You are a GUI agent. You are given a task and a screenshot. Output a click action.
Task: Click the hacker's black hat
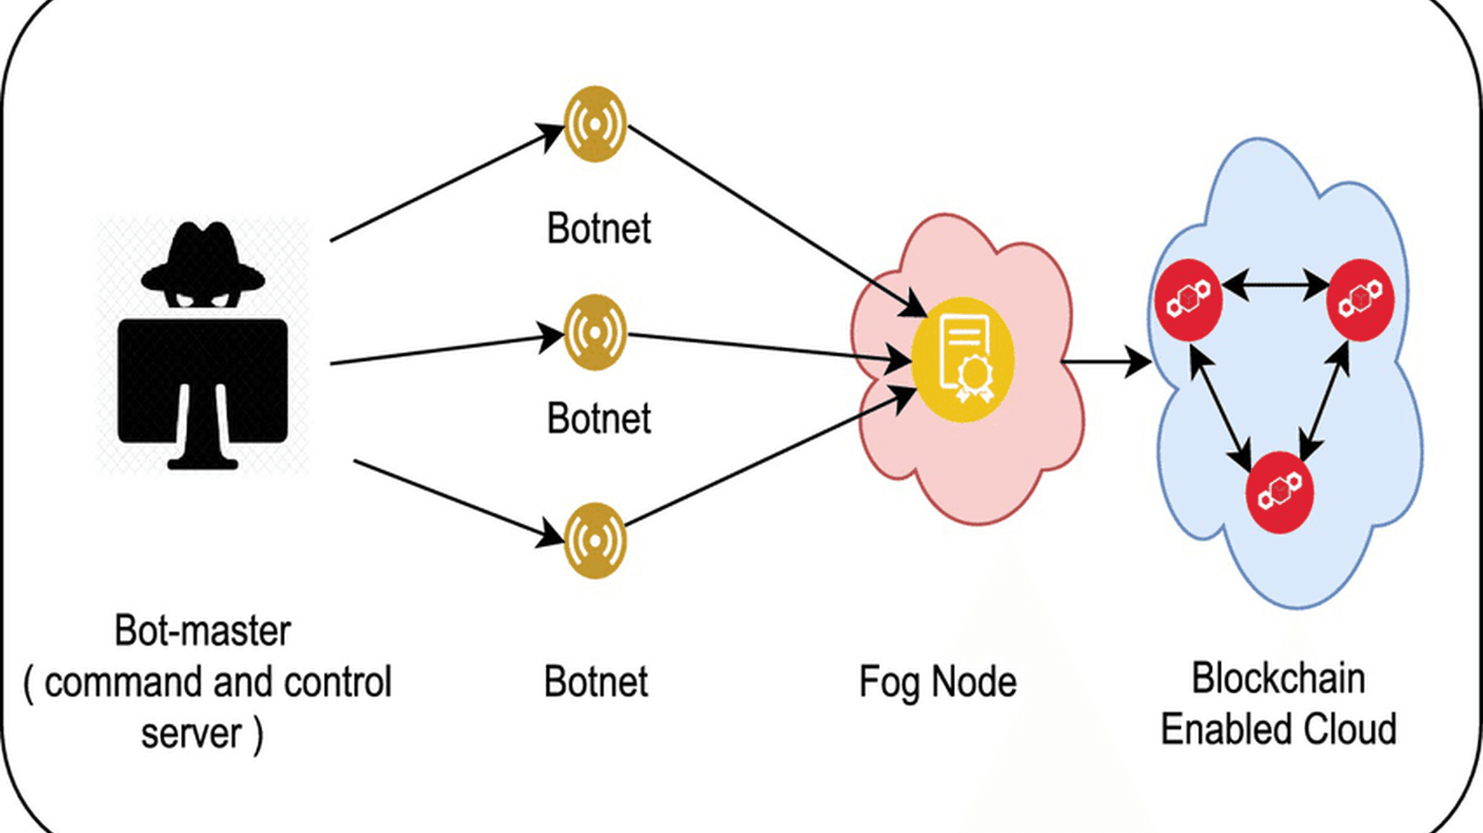(x=203, y=256)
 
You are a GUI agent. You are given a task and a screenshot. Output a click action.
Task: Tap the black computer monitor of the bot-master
(x=203, y=379)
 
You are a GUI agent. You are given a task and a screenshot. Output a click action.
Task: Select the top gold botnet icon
(x=595, y=124)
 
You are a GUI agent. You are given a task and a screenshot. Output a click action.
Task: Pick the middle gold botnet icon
(x=595, y=333)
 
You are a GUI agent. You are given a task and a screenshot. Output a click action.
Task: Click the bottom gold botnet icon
(x=595, y=540)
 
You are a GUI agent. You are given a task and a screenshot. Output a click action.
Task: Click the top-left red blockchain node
(x=1188, y=299)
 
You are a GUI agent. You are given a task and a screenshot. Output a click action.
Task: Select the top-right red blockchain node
(x=1360, y=299)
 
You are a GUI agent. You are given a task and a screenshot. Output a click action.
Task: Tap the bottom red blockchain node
(x=1279, y=492)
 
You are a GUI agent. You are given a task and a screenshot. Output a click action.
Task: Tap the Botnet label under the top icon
(x=598, y=229)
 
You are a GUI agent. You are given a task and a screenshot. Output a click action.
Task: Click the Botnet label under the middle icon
(x=598, y=418)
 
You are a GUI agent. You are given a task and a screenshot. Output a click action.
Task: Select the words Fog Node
(x=937, y=682)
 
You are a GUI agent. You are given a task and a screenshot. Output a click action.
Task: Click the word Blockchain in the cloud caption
(x=1278, y=679)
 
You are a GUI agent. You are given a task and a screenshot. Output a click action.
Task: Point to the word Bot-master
(x=202, y=631)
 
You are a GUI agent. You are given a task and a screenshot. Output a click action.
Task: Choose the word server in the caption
(x=192, y=733)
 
